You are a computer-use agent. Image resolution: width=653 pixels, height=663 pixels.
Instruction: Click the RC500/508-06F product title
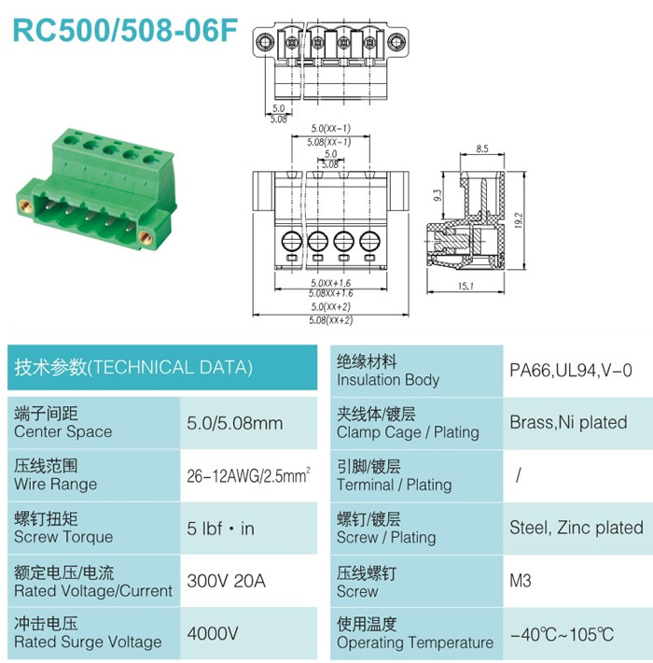[x=125, y=31]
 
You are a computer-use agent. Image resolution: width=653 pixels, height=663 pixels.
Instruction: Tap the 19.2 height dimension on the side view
[x=519, y=220]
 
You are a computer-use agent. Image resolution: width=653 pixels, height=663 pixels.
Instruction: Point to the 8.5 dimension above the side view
[x=482, y=148]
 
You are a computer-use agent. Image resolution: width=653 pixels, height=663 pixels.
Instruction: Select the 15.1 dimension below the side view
[x=465, y=287]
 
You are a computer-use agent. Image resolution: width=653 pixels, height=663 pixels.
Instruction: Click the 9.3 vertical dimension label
[x=438, y=195]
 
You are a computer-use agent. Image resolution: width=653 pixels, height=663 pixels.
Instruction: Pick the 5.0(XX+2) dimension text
[x=331, y=306]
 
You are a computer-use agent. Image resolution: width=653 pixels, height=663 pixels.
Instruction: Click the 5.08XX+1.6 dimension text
[x=331, y=293]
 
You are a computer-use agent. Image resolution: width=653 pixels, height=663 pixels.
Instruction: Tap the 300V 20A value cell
[x=227, y=581]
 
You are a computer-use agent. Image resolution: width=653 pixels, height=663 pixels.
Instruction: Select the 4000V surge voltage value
[x=213, y=633]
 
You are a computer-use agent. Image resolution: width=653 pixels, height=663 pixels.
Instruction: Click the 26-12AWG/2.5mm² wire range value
[x=249, y=475]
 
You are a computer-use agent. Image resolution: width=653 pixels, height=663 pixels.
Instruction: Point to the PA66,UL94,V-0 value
[x=571, y=371]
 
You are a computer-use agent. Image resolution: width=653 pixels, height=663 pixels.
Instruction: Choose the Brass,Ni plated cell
[x=568, y=422]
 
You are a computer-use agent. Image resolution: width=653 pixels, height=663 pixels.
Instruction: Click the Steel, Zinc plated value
[x=577, y=528]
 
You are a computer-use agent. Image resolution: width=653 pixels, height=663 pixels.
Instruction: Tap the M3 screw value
[x=521, y=581]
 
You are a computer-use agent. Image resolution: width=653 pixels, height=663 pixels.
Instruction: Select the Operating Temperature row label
[x=415, y=642]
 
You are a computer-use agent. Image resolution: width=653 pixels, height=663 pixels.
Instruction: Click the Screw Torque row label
[x=63, y=537]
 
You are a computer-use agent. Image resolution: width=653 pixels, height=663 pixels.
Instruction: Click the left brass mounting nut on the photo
[x=25, y=206]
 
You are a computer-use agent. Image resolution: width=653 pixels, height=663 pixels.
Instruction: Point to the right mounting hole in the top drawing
[x=396, y=41]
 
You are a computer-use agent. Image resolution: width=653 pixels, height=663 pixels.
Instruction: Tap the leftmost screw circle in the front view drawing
[x=292, y=242]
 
